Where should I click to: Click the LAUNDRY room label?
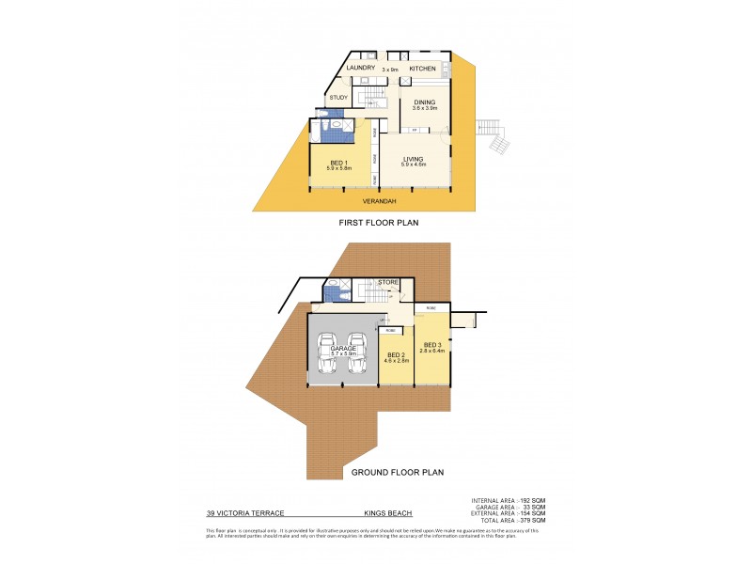pyautogui.click(x=362, y=68)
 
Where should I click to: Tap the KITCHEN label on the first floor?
pyautogui.click(x=422, y=68)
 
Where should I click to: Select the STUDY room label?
pyautogui.click(x=338, y=97)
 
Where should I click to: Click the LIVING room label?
pyautogui.click(x=415, y=161)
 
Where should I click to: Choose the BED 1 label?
pyautogui.click(x=337, y=164)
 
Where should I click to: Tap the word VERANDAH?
pyautogui.click(x=380, y=200)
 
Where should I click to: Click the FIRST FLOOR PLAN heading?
pyautogui.click(x=379, y=224)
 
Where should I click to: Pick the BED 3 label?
pyautogui.click(x=432, y=345)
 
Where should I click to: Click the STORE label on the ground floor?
pyautogui.click(x=388, y=281)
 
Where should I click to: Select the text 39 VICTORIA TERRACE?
pyautogui.click(x=245, y=514)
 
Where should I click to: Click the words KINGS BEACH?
pyautogui.click(x=388, y=514)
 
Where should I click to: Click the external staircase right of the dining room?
pyautogui.click(x=494, y=137)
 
